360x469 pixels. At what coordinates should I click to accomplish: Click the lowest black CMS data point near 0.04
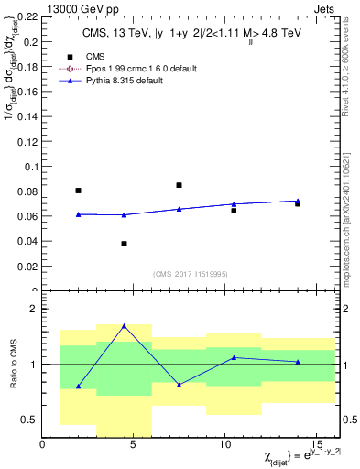pos(124,244)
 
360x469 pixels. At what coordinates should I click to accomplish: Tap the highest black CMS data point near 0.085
pos(179,185)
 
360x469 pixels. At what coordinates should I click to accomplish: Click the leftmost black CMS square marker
pos(78,191)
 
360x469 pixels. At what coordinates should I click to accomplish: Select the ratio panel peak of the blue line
pos(124,325)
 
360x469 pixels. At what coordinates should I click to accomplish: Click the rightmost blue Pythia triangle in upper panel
pos(298,201)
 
